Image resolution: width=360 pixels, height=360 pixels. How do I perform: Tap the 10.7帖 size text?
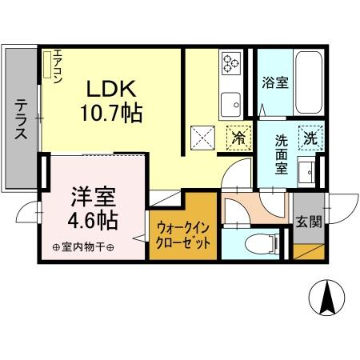(x=111, y=113)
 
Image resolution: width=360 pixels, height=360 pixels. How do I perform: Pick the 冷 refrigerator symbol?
(x=237, y=138)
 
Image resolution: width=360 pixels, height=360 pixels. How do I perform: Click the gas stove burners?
(x=233, y=62)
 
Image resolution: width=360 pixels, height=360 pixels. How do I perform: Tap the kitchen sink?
(x=233, y=102)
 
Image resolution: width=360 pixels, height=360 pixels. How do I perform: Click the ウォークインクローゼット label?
(x=183, y=233)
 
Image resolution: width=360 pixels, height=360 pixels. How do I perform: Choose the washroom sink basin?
(x=305, y=170)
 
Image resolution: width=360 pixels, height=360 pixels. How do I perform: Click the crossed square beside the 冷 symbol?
(x=202, y=138)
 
